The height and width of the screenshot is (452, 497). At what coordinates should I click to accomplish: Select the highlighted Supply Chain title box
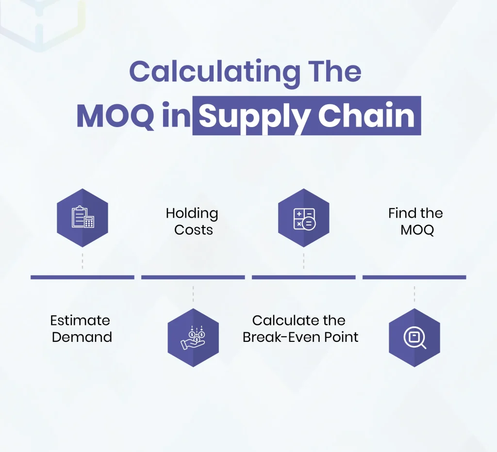[x=307, y=117]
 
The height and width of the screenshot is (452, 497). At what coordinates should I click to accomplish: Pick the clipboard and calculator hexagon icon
[x=83, y=218]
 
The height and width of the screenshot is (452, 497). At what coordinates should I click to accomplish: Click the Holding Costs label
[x=193, y=221]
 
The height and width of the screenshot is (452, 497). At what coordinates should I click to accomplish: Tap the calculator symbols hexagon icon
[x=304, y=218]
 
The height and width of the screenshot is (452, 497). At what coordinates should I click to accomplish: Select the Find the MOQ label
[x=415, y=221]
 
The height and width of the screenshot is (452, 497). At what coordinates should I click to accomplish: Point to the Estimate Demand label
[x=81, y=328]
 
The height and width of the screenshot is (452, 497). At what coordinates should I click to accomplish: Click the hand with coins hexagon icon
[x=193, y=338]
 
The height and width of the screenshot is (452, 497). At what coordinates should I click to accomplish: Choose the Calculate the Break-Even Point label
[x=300, y=328]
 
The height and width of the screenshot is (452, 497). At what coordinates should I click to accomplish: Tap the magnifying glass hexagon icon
[x=414, y=338]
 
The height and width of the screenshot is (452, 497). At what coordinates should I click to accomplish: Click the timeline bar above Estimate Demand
[x=83, y=277]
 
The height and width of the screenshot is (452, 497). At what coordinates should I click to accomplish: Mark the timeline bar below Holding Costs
[x=193, y=277]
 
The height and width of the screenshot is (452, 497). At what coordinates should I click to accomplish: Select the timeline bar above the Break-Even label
[x=304, y=277]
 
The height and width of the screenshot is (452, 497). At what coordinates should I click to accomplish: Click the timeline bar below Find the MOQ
[x=414, y=277]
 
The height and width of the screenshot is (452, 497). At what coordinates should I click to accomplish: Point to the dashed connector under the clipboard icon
[x=83, y=260]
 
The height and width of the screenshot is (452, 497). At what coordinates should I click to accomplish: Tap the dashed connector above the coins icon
[x=193, y=294]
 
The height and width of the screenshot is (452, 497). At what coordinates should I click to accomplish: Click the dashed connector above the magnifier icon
[x=414, y=294]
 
